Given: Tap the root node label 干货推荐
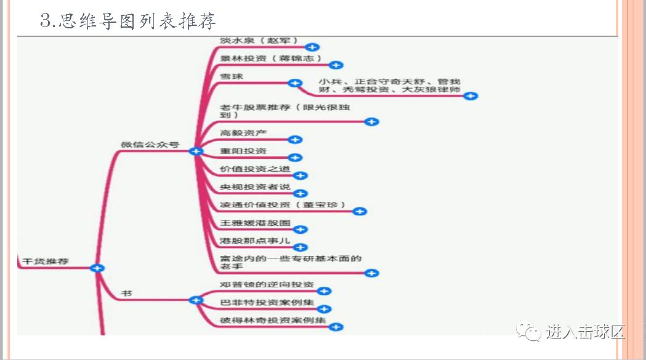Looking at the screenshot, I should pyautogui.click(x=46, y=262).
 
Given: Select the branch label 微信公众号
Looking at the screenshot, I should pyautogui.click(x=150, y=145).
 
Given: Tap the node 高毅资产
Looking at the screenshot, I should pyautogui.click(x=243, y=133).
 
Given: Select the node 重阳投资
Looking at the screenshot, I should pyautogui.click(x=243, y=151).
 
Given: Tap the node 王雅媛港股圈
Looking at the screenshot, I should pyautogui.click(x=254, y=222).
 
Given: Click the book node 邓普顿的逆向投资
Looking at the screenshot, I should pyautogui.click(x=267, y=284).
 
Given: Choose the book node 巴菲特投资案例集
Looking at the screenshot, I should pyautogui.click(x=267, y=302).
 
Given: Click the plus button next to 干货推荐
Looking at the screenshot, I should pyautogui.click(x=97, y=268).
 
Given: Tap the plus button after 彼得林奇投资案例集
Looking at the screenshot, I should pyautogui.click(x=336, y=327).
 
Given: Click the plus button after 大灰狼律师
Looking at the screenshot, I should pyautogui.click(x=471, y=95).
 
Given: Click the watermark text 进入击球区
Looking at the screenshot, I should pyautogui.click(x=585, y=332).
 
